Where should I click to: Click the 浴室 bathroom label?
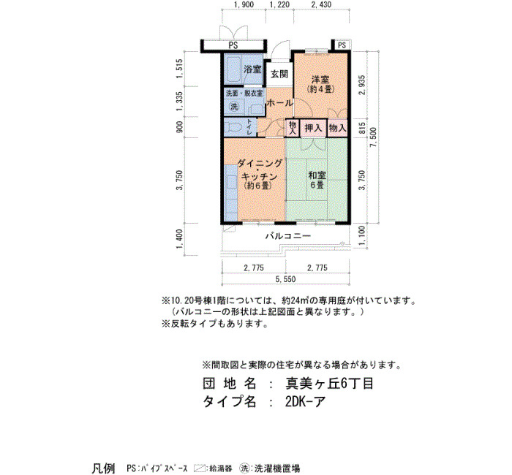pos(252,69)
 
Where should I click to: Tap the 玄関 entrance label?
pos(279,74)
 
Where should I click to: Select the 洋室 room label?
pos(320,79)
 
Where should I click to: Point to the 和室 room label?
pos(317,175)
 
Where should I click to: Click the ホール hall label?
pos(280,103)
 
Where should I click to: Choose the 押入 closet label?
pos(313,128)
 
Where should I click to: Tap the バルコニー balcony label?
pos(287,235)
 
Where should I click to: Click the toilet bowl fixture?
pos(234,126)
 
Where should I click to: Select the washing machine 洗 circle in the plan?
pos(234,107)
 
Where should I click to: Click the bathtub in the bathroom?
pos(233,69)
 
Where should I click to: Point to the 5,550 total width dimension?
pos(285,279)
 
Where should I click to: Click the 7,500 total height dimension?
pos(374,137)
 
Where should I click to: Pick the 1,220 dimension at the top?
pos(279,4)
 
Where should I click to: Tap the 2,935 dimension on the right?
pos(361,85)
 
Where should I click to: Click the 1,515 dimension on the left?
pos(179,69)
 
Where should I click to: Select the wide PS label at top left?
pos(233,45)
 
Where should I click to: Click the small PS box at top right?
pos(342,45)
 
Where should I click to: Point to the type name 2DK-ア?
pos(305,402)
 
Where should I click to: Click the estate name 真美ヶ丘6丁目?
pos(329,384)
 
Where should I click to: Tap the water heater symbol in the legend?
pos(199,468)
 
